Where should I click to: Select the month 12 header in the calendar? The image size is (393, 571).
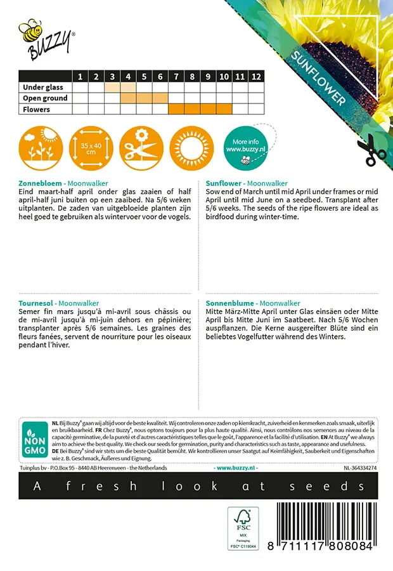click(256, 77)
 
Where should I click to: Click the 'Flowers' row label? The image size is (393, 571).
click(36, 110)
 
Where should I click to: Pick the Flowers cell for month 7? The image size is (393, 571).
click(176, 109)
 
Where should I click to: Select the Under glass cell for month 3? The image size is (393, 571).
click(112, 88)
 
